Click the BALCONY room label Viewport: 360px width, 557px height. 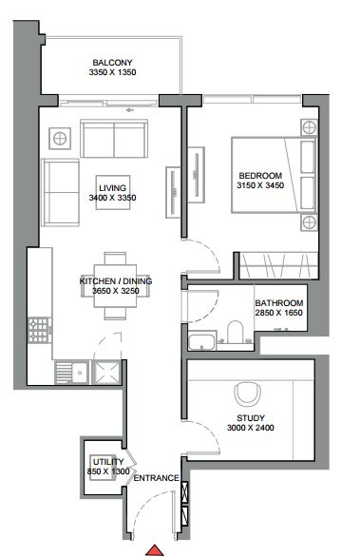112,63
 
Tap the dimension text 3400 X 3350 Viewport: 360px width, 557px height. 112,198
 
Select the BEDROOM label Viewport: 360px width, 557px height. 260,176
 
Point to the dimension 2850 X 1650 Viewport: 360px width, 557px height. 278,313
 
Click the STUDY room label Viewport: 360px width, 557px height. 251,418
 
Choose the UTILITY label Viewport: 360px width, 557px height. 108,462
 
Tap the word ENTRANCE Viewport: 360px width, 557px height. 156,478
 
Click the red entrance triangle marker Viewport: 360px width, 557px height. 155,550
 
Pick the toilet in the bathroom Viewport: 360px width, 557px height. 235,332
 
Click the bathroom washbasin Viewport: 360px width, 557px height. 201,341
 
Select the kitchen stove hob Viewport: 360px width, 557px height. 39,330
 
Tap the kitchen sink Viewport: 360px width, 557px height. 72,373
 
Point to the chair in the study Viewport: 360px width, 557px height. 248,394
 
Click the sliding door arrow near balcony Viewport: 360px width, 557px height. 129,110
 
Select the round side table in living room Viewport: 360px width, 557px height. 60,138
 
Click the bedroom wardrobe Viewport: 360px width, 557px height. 278,265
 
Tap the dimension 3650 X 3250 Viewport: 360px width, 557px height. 116,291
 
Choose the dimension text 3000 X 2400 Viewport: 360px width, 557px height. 251,428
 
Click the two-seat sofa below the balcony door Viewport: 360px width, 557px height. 114,139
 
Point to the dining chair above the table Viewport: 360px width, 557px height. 115,259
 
